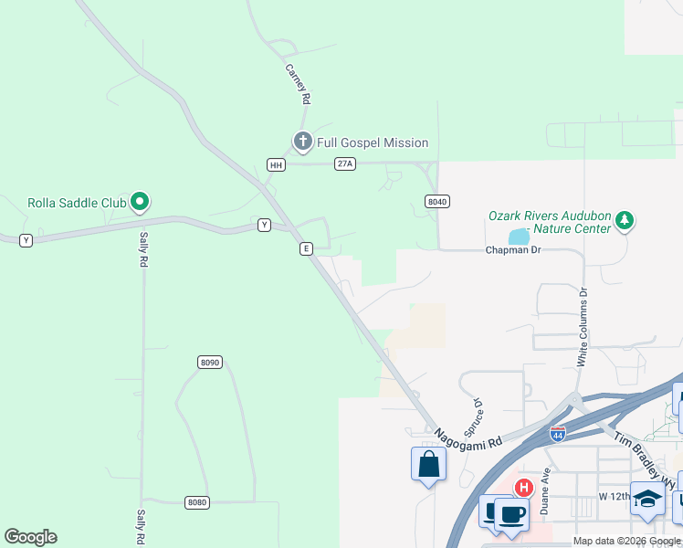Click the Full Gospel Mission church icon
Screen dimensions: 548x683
[303, 142]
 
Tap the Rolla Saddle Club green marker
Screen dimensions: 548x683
[140, 202]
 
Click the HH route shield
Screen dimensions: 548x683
[276, 165]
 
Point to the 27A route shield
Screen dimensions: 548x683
[344, 163]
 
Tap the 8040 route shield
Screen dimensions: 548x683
[437, 201]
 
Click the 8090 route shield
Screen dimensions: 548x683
[210, 363]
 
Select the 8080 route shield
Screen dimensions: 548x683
[196, 502]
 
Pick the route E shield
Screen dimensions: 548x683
[307, 248]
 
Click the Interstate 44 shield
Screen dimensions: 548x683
[557, 435]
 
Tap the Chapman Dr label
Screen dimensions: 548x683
[512, 250]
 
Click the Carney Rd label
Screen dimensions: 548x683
[299, 84]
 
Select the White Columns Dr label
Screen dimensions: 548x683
[582, 327]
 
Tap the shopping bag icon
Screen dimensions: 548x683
[428, 464]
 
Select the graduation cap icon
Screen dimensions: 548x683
[647, 499]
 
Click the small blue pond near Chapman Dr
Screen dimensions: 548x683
[519, 237]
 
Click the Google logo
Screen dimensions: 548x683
[31, 537]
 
